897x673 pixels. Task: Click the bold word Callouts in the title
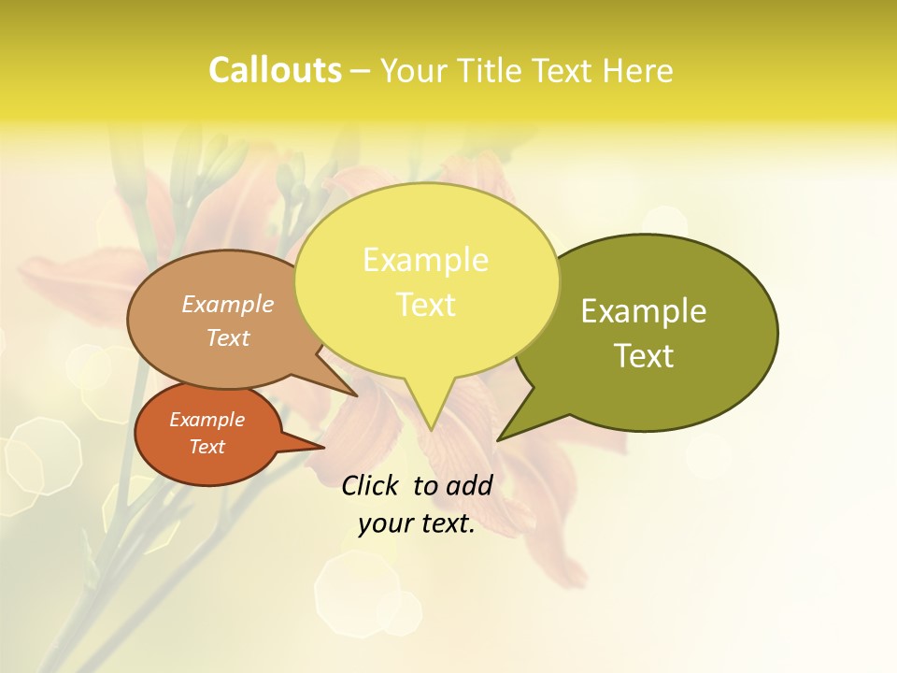[x=275, y=71]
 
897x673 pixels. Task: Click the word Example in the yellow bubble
[x=425, y=260]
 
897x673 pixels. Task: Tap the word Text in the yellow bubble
[x=425, y=305]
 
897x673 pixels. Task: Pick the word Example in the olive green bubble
[x=644, y=311]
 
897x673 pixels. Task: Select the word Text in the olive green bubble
[x=644, y=356]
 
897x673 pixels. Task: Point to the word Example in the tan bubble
[x=228, y=305]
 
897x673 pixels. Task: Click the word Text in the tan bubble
[x=228, y=338]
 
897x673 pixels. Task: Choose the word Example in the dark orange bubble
[x=206, y=420]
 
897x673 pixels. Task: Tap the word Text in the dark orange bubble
[x=206, y=447]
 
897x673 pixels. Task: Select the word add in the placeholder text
[x=469, y=486]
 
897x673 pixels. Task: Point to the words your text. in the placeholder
[x=417, y=524]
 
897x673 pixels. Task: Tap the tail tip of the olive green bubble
[x=497, y=440]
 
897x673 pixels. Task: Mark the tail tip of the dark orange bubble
[x=324, y=447]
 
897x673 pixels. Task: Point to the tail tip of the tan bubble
[x=357, y=396]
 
